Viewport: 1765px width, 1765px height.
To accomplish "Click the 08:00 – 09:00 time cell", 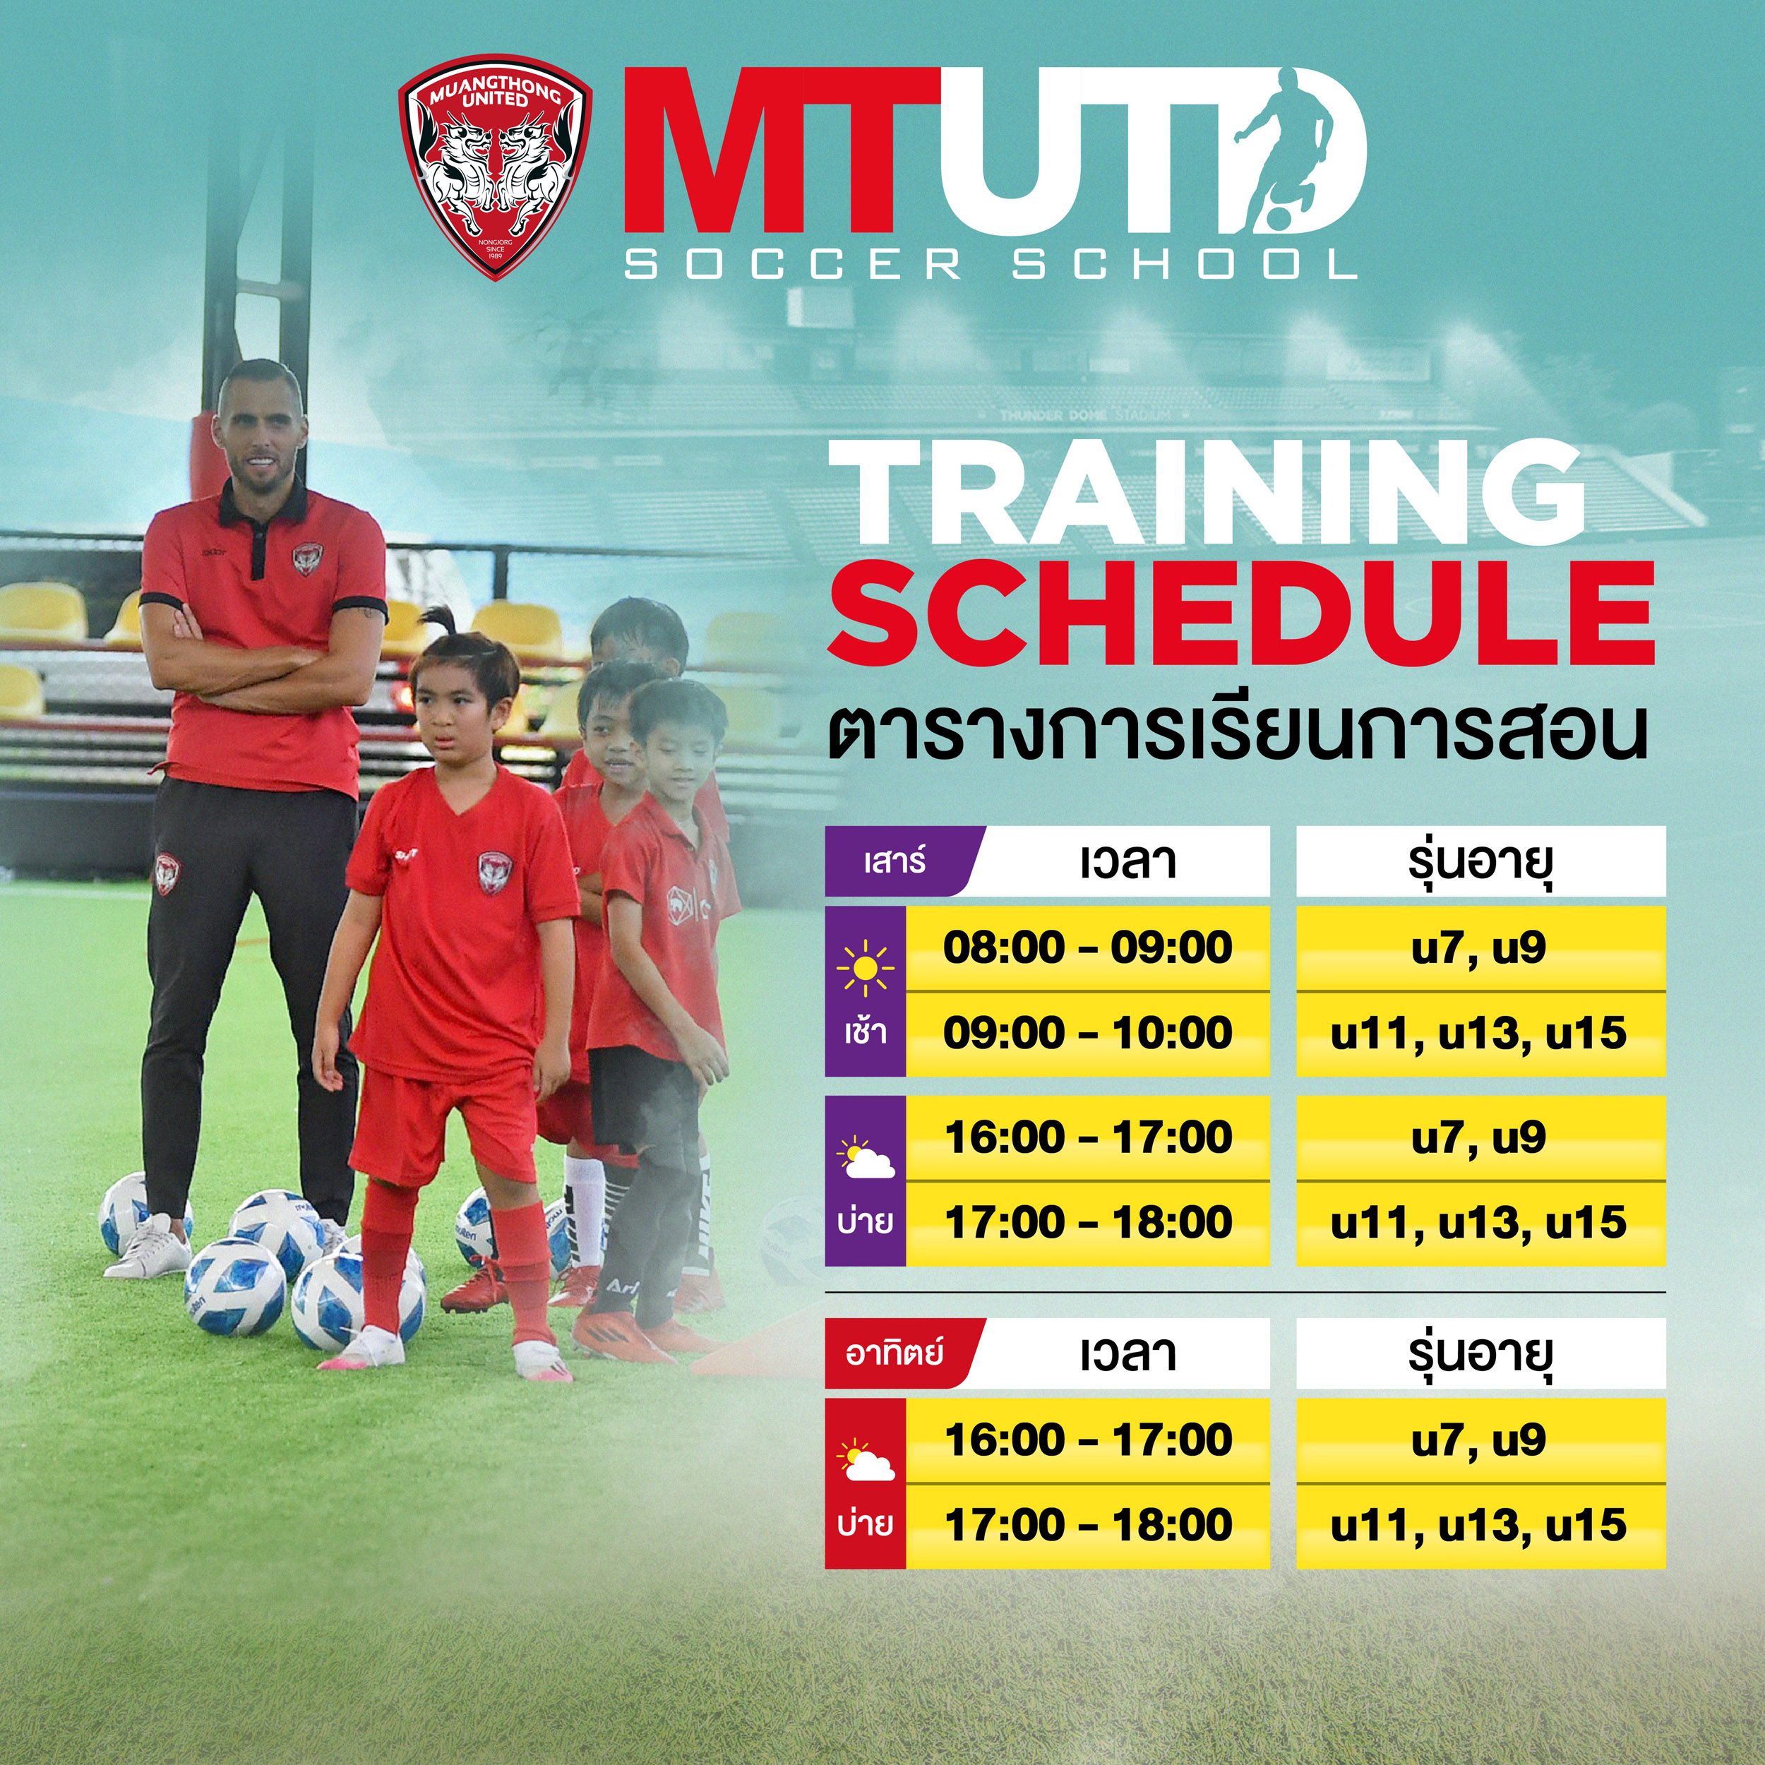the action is [x=1087, y=947].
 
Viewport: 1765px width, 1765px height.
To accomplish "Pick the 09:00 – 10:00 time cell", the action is [x=1087, y=1034].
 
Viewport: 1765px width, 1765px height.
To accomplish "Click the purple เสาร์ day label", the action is [x=895, y=861].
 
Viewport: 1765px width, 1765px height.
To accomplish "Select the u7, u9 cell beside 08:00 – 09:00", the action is [x=1480, y=947].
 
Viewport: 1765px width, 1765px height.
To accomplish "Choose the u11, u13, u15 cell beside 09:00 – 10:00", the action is [x=1480, y=1034].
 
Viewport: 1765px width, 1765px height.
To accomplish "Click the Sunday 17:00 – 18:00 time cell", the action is [x=1087, y=1525].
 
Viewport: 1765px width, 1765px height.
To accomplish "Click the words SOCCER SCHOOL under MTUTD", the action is [x=991, y=265].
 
